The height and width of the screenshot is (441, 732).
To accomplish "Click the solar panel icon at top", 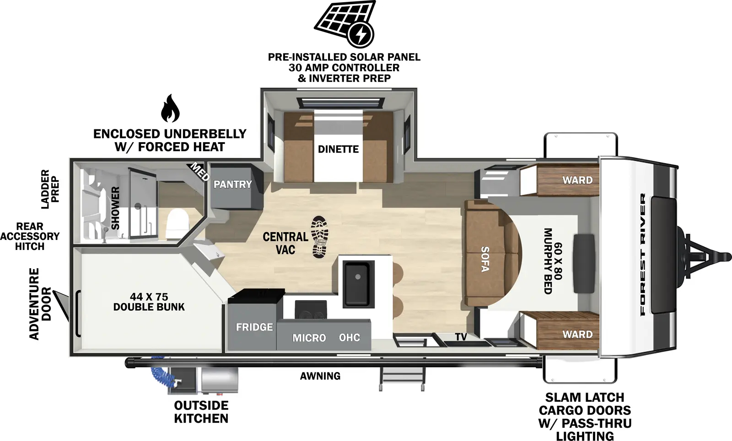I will (344, 24).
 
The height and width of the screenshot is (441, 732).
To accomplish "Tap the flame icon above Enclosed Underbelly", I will (170, 109).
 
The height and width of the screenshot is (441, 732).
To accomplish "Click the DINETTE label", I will (338, 149).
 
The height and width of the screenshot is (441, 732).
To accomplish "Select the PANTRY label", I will (232, 184).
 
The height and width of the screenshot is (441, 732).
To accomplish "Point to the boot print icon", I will (319, 237).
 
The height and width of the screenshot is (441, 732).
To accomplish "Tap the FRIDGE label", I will (254, 327).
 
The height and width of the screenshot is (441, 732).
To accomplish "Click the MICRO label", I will (309, 338).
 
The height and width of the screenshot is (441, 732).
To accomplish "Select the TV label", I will (461, 337).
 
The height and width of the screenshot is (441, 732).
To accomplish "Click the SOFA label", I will (485, 259).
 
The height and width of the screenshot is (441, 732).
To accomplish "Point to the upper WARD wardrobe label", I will (577, 180).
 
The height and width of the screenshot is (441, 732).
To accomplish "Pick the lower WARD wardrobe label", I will (577, 334).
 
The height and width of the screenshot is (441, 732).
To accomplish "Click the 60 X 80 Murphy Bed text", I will (552, 260).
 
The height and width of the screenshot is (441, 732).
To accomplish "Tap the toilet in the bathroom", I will (175, 223).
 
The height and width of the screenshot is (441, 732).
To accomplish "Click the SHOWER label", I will (115, 208).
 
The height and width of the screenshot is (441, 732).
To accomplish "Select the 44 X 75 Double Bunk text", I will (149, 302).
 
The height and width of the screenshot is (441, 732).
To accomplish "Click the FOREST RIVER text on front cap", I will (643, 255).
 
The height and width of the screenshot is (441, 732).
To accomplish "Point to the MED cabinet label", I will (199, 171).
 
